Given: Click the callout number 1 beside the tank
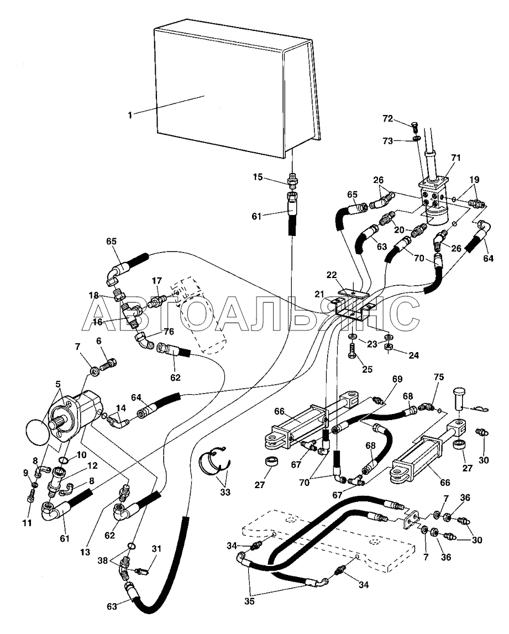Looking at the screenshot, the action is pos(130,115).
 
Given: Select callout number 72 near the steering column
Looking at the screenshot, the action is pos(388,118).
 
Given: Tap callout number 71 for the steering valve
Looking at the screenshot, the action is pos(455,158).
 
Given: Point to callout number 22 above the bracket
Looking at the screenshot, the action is pos(332,275).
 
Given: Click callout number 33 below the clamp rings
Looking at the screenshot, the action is pos(225,492).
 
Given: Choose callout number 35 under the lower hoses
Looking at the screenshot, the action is pos(249,601).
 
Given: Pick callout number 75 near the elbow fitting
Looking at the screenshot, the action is pos(439,377).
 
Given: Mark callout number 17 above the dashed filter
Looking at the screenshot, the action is pos(156,280).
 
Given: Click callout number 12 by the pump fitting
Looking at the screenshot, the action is pos(92,465).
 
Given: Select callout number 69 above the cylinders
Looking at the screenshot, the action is pos(397,379).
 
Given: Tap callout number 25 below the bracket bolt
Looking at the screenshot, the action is pos(367,369).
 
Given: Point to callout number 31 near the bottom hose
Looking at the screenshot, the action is pos(156,549).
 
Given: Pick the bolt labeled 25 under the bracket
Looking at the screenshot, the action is pos(351,351).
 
